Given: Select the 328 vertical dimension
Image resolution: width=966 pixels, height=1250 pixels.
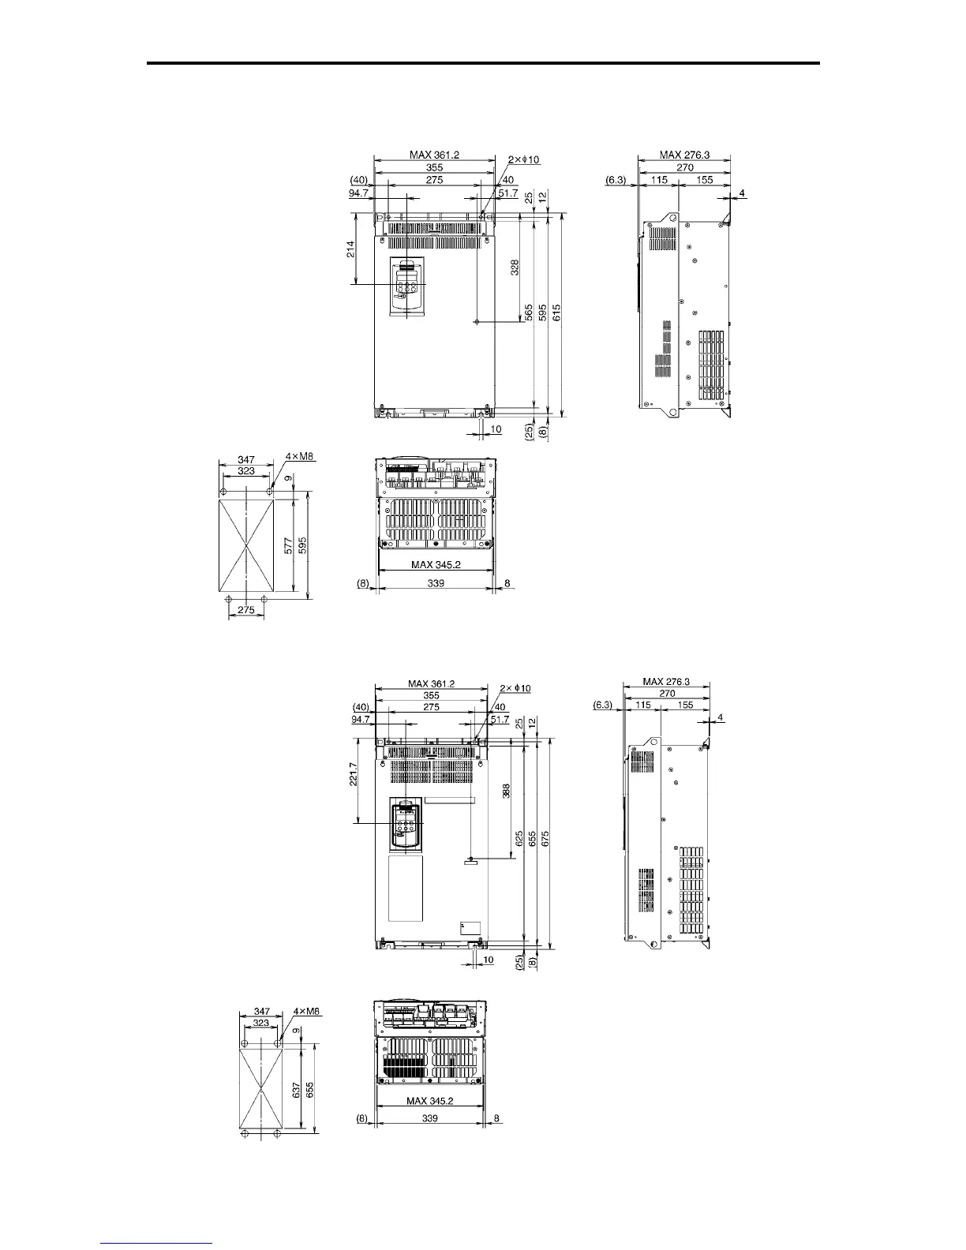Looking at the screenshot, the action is pyautogui.click(x=515, y=268).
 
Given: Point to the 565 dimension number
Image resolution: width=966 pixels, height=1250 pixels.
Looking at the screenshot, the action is pyautogui.click(x=527, y=313).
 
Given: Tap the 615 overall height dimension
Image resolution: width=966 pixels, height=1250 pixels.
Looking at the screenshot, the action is pyautogui.click(x=556, y=313).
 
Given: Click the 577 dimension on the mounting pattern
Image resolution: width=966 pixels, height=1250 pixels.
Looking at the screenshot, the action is pyautogui.click(x=289, y=545).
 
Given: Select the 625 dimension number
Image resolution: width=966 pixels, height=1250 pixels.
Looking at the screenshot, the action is pyautogui.click(x=519, y=838).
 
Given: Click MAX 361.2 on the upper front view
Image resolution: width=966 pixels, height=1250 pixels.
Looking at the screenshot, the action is pyautogui.click(x=432, y=155).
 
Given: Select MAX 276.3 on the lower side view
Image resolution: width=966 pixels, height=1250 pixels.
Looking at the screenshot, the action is pyautogui.click(x=666, y=682).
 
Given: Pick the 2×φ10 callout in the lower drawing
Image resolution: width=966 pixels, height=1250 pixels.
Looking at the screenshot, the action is pyautogui.click(x=515, y=688).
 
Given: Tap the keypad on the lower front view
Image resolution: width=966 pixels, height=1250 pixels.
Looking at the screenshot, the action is pyautogui.click(x=406, y=826).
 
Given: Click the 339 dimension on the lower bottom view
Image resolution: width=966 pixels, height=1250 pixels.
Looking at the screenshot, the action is pyautogui.click(x=430, y=1118).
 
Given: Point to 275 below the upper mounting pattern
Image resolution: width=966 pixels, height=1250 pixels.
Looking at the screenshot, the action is pyautogui.click(x=245, y=610).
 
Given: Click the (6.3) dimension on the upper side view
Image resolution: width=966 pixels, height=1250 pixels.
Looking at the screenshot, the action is pyautogui.click(x=615, y=180).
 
